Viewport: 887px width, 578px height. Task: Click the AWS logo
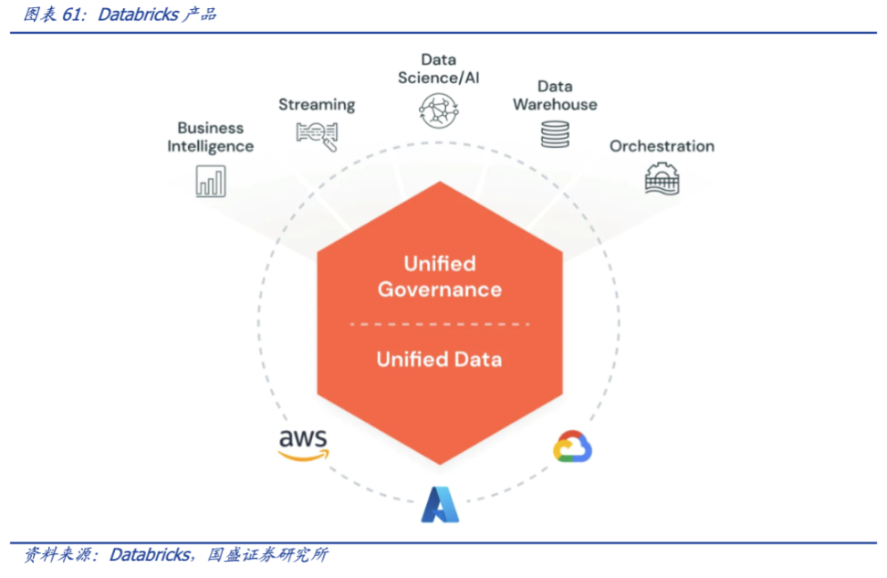pos(303,444)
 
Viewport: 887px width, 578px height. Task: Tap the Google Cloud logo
pos(572,447)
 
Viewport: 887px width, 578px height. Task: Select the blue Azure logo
pos(440,505)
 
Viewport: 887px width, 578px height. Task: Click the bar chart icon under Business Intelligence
pos(210,182)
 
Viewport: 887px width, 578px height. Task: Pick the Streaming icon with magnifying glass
pos(317,135)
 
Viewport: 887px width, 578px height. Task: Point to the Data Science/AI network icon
pos(439,110)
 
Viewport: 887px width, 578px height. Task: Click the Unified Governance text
pos(440,277)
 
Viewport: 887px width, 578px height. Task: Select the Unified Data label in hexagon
pos(439,359)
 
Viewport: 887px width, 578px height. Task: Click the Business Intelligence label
pos(210,137)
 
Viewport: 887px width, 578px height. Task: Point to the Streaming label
pos(317,104)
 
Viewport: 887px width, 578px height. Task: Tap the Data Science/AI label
pos(439,68)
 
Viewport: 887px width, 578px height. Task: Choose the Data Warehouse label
pos(555,95)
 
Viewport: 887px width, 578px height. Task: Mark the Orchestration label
pos(662,146)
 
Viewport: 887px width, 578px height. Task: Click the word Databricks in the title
pos(137,15)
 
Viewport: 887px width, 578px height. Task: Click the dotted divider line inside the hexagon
pos(439,323)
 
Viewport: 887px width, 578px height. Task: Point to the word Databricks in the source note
pos(150,554)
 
